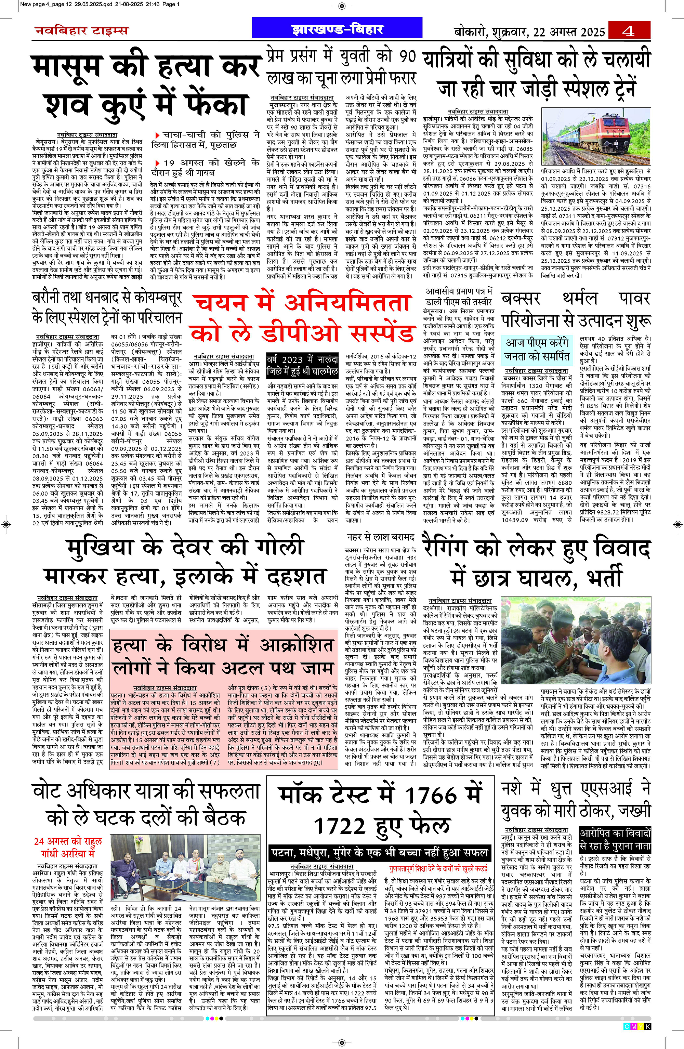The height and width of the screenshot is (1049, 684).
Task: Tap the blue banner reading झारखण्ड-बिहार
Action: tap(338, 29)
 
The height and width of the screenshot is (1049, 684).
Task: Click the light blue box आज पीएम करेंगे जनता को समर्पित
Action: tap(537, 350)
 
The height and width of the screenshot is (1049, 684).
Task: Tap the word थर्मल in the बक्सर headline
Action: tap(580, 298)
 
